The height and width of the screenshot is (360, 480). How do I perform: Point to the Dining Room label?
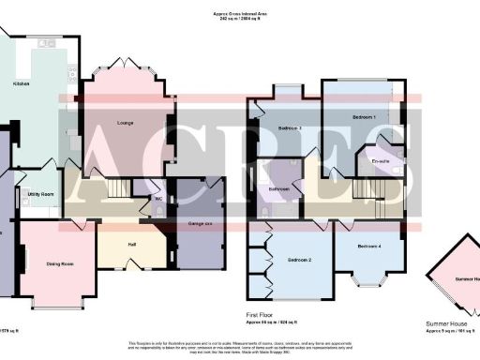[60, 263]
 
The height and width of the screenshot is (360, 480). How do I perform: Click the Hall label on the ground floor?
[131, 243]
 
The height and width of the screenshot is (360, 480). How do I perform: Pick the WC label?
[159, 198]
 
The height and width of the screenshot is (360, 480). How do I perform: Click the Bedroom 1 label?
[365, 117]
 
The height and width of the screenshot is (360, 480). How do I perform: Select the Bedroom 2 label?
[299, 258]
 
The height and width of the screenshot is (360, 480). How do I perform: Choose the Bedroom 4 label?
[369, 246]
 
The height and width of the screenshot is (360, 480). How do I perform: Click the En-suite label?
[380, 161]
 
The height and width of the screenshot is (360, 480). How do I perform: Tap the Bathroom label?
[279, 188]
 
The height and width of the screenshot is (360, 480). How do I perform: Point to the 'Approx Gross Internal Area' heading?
[240, 15]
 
